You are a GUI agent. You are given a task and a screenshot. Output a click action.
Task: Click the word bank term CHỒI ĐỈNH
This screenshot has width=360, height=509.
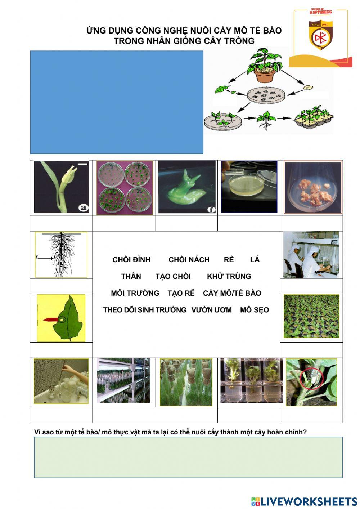coord(131,259)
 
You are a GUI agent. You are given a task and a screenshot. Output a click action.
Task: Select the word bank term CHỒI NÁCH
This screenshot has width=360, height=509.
coord(189,259)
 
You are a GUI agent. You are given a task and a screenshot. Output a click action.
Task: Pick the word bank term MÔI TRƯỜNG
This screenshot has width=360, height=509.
coord(135,293)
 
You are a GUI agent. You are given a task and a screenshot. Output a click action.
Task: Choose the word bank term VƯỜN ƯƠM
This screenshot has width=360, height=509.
coord(211,310)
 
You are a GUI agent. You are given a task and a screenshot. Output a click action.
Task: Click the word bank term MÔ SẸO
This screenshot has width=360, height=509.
coord(255,310)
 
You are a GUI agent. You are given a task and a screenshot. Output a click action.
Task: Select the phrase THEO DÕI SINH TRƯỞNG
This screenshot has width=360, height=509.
coord(145,310)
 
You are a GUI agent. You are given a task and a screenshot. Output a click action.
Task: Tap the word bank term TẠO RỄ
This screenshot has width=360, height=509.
coord(181,293)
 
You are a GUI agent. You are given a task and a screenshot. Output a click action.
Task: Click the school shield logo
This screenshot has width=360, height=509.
coord(320,35)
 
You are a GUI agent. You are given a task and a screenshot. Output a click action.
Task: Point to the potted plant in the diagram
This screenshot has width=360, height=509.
coord(265,66)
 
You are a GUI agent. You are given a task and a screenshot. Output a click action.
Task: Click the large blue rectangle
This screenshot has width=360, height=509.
coord(117,102)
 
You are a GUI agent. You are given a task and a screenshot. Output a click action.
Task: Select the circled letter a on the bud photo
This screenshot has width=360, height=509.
coord(84,208)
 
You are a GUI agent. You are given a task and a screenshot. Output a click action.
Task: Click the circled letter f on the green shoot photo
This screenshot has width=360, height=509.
coord(211,210)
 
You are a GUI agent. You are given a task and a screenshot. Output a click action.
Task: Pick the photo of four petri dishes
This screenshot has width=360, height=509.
coord(125,188)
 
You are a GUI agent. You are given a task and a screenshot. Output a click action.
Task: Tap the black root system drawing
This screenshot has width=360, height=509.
coord(61,255)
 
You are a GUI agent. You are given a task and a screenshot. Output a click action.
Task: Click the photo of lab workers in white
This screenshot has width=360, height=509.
coord(311,255)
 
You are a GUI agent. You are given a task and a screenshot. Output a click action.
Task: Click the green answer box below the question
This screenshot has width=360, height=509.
coord(188,457)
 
